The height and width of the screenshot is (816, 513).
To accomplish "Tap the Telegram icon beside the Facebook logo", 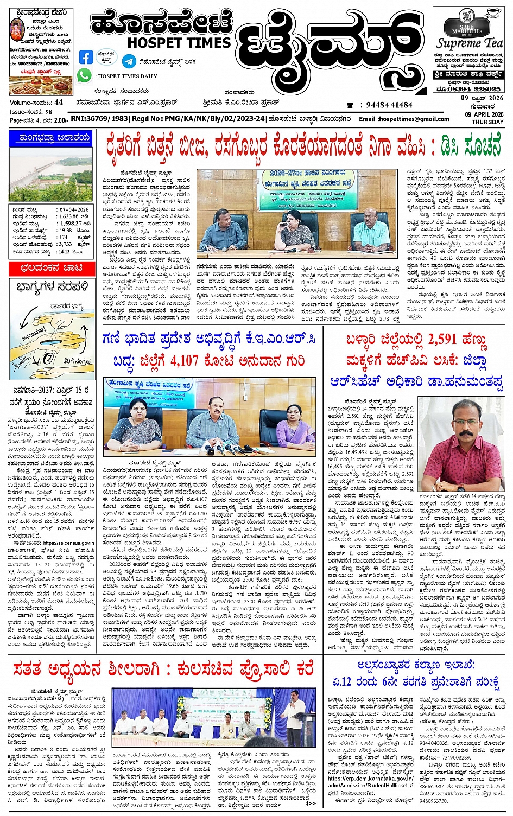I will tap(129, 60).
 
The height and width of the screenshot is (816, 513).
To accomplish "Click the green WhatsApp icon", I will tap(84, 75).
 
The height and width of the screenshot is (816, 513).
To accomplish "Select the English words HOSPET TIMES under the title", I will tap(179, 42).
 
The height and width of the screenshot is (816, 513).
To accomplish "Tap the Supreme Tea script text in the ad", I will tap(470, 42).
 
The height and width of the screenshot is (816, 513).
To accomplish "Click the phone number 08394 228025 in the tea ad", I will tap(476, 88).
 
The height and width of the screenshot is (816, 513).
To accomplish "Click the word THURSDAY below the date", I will tap(487, 122).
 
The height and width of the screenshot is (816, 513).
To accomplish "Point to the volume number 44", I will tap(59, 102).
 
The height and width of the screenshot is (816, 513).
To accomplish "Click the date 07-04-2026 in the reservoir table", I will tap(74, 209).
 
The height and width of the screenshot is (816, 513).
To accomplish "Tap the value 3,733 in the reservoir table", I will tap(65, 244).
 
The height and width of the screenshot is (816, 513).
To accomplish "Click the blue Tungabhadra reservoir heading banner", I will tap(50, 138).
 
